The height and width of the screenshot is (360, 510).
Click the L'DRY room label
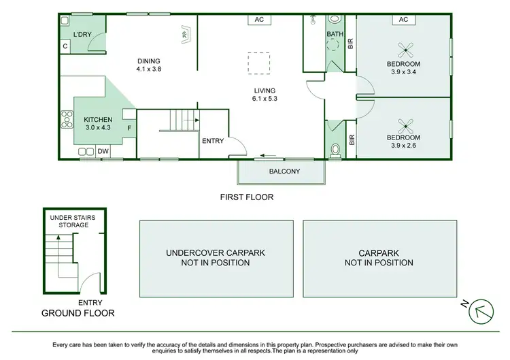82,33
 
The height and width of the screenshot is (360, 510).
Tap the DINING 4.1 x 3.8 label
148,65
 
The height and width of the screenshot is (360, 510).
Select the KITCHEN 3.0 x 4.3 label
98,123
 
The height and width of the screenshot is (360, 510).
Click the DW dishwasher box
104,151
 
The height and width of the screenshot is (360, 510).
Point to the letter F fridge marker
129,126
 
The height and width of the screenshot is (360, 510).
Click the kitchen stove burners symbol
67,119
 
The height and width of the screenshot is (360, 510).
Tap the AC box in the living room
259,20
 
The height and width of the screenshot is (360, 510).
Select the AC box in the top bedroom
403,20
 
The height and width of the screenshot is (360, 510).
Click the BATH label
335,33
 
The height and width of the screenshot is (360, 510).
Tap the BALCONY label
280,171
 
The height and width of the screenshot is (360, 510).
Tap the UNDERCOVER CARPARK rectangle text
216,257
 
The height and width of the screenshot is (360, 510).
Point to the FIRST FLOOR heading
246,197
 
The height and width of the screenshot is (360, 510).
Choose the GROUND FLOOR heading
78,313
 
